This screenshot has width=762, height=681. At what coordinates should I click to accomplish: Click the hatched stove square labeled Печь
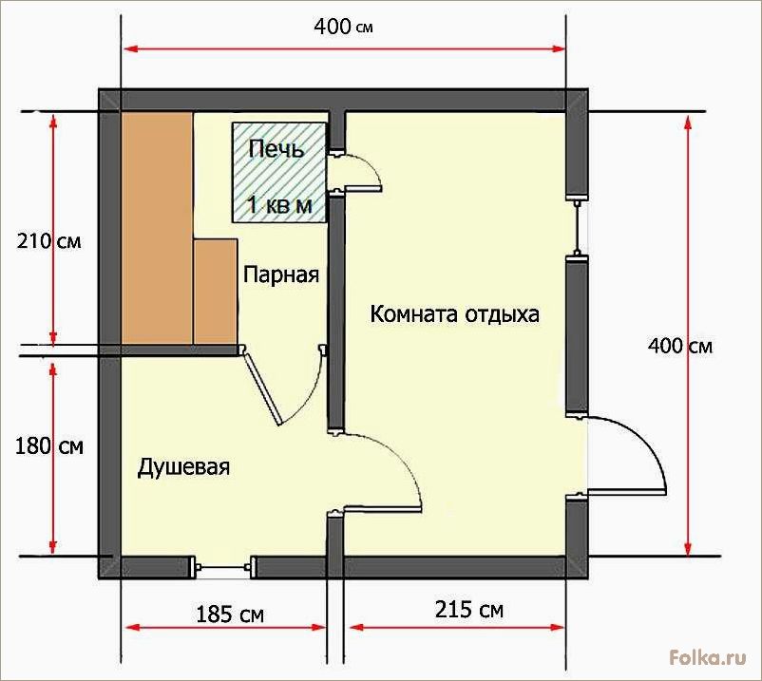(x=279, y=173)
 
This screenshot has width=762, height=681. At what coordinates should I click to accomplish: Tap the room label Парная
(x=281, y=274)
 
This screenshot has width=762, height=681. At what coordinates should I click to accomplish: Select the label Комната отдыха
(x=454, y=314)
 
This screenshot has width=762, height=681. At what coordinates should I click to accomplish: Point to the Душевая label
(x=183, y=467)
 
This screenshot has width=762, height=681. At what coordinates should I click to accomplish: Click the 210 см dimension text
(x=48, y=241)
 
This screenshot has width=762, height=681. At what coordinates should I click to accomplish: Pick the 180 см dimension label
(x=49, y=446)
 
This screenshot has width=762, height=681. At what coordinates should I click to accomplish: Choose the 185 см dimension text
(x=230, y=615)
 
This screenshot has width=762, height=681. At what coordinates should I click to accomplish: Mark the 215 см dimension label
(x=469, y=610)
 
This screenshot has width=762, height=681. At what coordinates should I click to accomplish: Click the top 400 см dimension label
(x=343, y=27)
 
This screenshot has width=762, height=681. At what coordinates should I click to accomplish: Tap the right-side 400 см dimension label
(x=680, y=347)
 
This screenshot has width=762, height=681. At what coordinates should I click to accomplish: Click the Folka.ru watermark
(x=708, y=657)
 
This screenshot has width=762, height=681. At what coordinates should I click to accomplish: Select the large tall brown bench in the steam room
(x=157, y=228)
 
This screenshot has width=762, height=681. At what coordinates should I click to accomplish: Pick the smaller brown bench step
(x=216, y=292)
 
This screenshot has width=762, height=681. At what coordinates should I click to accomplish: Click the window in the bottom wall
(x=222, y=567)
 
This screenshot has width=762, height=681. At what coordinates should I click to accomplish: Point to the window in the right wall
(x=577, y=227)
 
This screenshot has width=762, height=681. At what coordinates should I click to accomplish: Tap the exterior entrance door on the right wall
(x=626, y=455)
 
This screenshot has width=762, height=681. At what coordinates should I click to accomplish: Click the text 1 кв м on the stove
(x=279, y=205)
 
